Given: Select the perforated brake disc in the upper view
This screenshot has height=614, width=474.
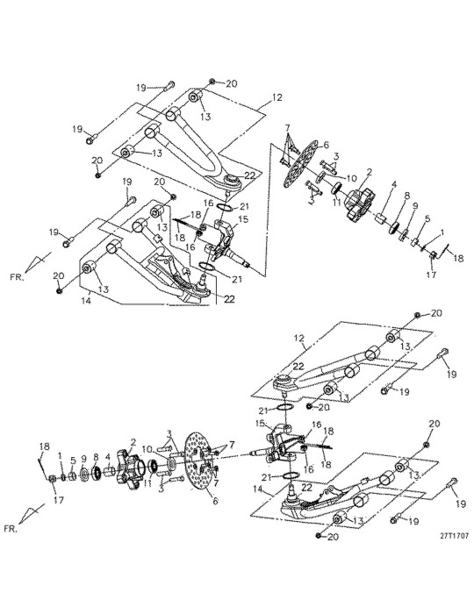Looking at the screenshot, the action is point(301,163).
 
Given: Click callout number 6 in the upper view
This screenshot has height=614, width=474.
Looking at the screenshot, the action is point(325,146).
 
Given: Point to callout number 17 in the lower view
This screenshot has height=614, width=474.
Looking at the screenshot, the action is point(58,500).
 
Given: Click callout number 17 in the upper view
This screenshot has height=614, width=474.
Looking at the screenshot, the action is point(431,275).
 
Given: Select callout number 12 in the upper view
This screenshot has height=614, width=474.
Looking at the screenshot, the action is point(277,96).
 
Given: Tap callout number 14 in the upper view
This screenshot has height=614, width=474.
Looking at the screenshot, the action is point(87,301).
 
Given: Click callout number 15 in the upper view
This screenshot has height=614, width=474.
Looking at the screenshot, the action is point(244,219).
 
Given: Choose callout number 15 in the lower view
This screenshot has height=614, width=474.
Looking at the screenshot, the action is point(259,424).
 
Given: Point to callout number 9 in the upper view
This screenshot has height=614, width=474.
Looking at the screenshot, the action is point(415,205).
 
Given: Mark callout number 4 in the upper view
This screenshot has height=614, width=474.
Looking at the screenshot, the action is point(394,184).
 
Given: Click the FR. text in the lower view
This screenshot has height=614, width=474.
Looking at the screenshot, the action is point(11,529).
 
